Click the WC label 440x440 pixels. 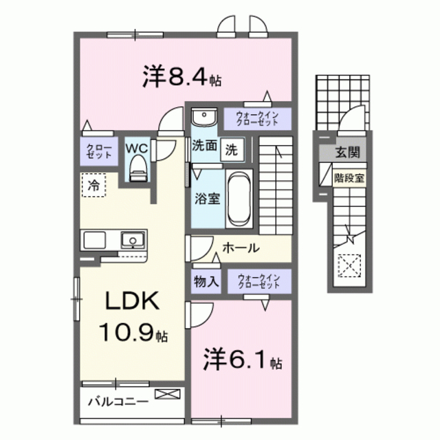tap(137, 147)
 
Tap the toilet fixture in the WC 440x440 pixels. tap(137, 167)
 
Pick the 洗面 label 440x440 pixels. tap(204, 146)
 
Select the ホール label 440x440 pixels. tap(241, 247)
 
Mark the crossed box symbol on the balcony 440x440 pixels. tap(169, 394)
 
